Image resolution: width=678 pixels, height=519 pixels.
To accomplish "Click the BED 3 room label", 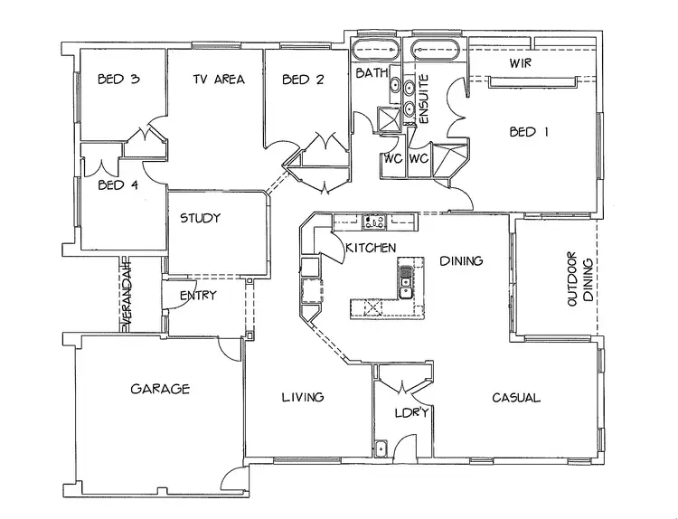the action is tap(118, 80).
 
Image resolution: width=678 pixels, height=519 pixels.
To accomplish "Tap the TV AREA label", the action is tap(219, 80).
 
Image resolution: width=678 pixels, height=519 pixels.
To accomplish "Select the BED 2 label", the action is tap(303, 80).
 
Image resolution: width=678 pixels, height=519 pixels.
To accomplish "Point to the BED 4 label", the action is tap(118, 186).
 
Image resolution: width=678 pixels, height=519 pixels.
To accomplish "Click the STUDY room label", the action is tap(201, 218).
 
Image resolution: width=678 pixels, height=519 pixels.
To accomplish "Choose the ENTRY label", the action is tap(197, 296).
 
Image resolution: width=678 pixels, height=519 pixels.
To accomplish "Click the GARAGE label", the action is tap(160, 389).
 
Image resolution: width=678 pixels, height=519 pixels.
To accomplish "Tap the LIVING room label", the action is tap(302, 397).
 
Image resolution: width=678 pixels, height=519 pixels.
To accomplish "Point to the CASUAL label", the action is tap(516, 397).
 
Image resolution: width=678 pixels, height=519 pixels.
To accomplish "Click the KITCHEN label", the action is tap(367, 247).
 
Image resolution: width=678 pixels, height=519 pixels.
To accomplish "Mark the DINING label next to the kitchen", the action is tap(461, 261).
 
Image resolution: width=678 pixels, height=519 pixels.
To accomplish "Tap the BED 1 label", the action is tap(529, 131).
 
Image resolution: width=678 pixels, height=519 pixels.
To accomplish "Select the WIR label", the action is tap(519, 64).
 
